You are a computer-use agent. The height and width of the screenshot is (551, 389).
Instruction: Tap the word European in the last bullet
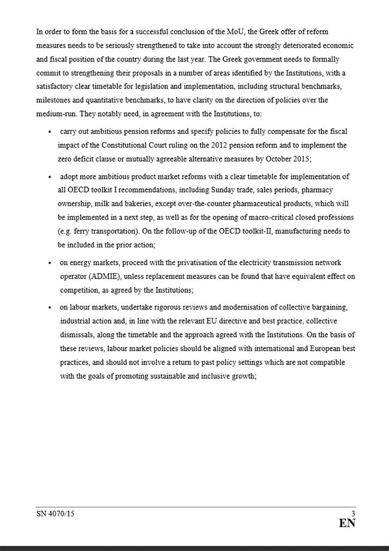[x=299, y=349]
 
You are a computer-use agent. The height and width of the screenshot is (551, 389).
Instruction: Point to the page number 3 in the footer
[x=353, y=513]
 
